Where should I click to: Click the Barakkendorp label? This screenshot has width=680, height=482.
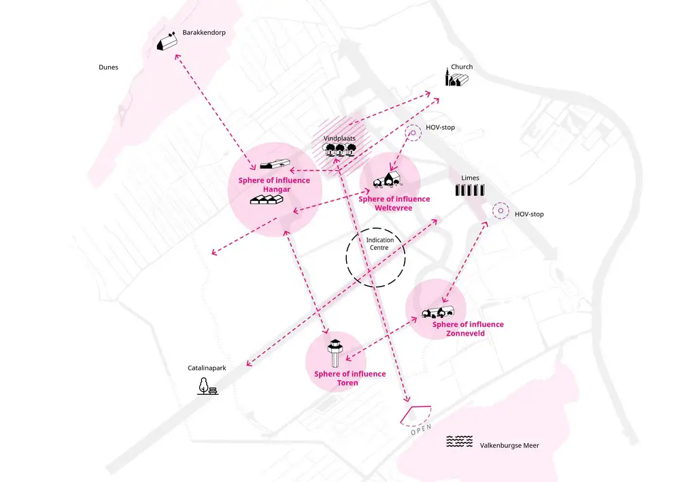[204, 33]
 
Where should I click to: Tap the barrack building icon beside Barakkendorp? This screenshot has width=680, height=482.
[167, 41]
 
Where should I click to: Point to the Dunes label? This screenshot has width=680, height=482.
[108, 67]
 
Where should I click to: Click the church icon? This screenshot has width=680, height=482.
[456, 78]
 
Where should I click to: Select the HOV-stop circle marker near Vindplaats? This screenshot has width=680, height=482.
[413, 133]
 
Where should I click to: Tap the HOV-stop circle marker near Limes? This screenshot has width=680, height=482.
[500, 210]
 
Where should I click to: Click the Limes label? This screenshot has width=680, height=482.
[470, 178]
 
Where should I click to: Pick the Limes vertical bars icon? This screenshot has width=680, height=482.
[470, 190]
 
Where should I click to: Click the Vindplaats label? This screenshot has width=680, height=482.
[339, 138]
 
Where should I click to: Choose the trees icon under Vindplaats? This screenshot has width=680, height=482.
[339, 150]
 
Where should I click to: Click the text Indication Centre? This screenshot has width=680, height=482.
[379, 244]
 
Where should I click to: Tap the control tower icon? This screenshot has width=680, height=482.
[335, 353]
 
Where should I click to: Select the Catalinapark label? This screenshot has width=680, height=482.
[207, 368]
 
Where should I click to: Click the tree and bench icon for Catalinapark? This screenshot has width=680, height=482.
[207, 386]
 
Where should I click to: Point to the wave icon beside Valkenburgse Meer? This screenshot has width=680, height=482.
[460, 441]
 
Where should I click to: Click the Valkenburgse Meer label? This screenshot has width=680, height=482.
[509, 445]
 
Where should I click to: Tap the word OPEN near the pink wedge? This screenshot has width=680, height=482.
[421, 430]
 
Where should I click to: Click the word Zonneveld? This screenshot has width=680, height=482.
[465, 334]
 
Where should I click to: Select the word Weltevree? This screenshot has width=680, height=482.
[394, 208]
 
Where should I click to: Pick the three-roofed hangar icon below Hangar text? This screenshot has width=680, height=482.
[267, 199]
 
